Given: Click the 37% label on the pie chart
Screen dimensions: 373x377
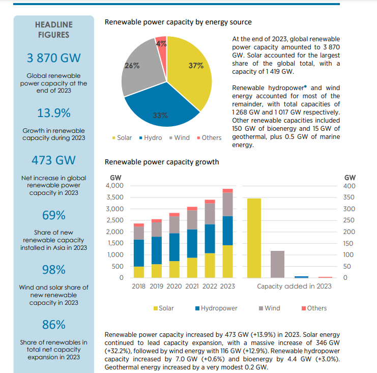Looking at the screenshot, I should click(x=196, y=66).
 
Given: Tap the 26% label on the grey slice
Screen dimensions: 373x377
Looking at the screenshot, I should click(x=132, y=66).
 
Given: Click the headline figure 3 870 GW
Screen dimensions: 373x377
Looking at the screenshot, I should click(x=53, y=58).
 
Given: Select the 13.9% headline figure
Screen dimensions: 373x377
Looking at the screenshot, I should click(x=53, y=112).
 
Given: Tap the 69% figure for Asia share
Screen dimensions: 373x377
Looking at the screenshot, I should click(x=53, y=215).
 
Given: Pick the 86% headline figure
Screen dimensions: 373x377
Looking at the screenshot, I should click(x=53, y=324).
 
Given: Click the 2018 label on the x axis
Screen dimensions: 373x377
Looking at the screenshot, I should click(x=138, y=286).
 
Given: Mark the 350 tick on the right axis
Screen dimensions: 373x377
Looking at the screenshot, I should click(x=350, y=197).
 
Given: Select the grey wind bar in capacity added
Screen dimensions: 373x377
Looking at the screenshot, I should click(x=277, y=264).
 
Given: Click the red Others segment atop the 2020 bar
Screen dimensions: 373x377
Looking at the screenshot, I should click(x=175, y=215).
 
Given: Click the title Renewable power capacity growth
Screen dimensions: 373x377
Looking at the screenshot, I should click(x=161, y=162).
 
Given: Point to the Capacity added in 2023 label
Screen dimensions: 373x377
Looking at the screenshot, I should click(x=294, y=286).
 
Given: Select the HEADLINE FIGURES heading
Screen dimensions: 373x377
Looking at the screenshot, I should click(x=53, y=30).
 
